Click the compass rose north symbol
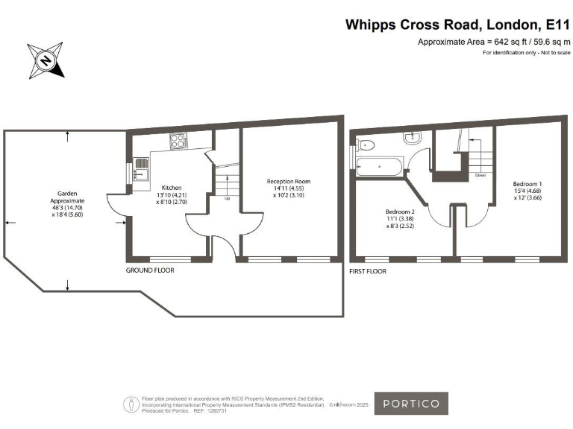click(46, 60)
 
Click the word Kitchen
click(170, 188)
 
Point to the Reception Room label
click(289, 181)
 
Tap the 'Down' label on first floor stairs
click(480, 176)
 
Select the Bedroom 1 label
click(527, 183)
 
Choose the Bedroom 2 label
click(400, 212)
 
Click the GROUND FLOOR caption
click(149, 270)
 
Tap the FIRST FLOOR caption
click(368, 272)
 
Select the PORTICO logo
click(411, 404)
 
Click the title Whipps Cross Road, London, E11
click(457, 25)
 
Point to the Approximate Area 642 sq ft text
click(494, 42)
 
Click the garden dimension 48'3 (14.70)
click(67, 209)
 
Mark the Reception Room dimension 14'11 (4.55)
click(289, 188)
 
